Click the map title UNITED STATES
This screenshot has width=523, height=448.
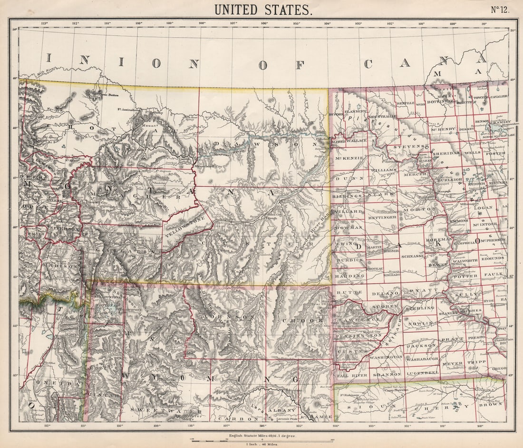click(x=263, y=10)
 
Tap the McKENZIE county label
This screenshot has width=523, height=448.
click(x=349, y=158)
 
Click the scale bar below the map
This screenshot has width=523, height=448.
click(x=261, y=440)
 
